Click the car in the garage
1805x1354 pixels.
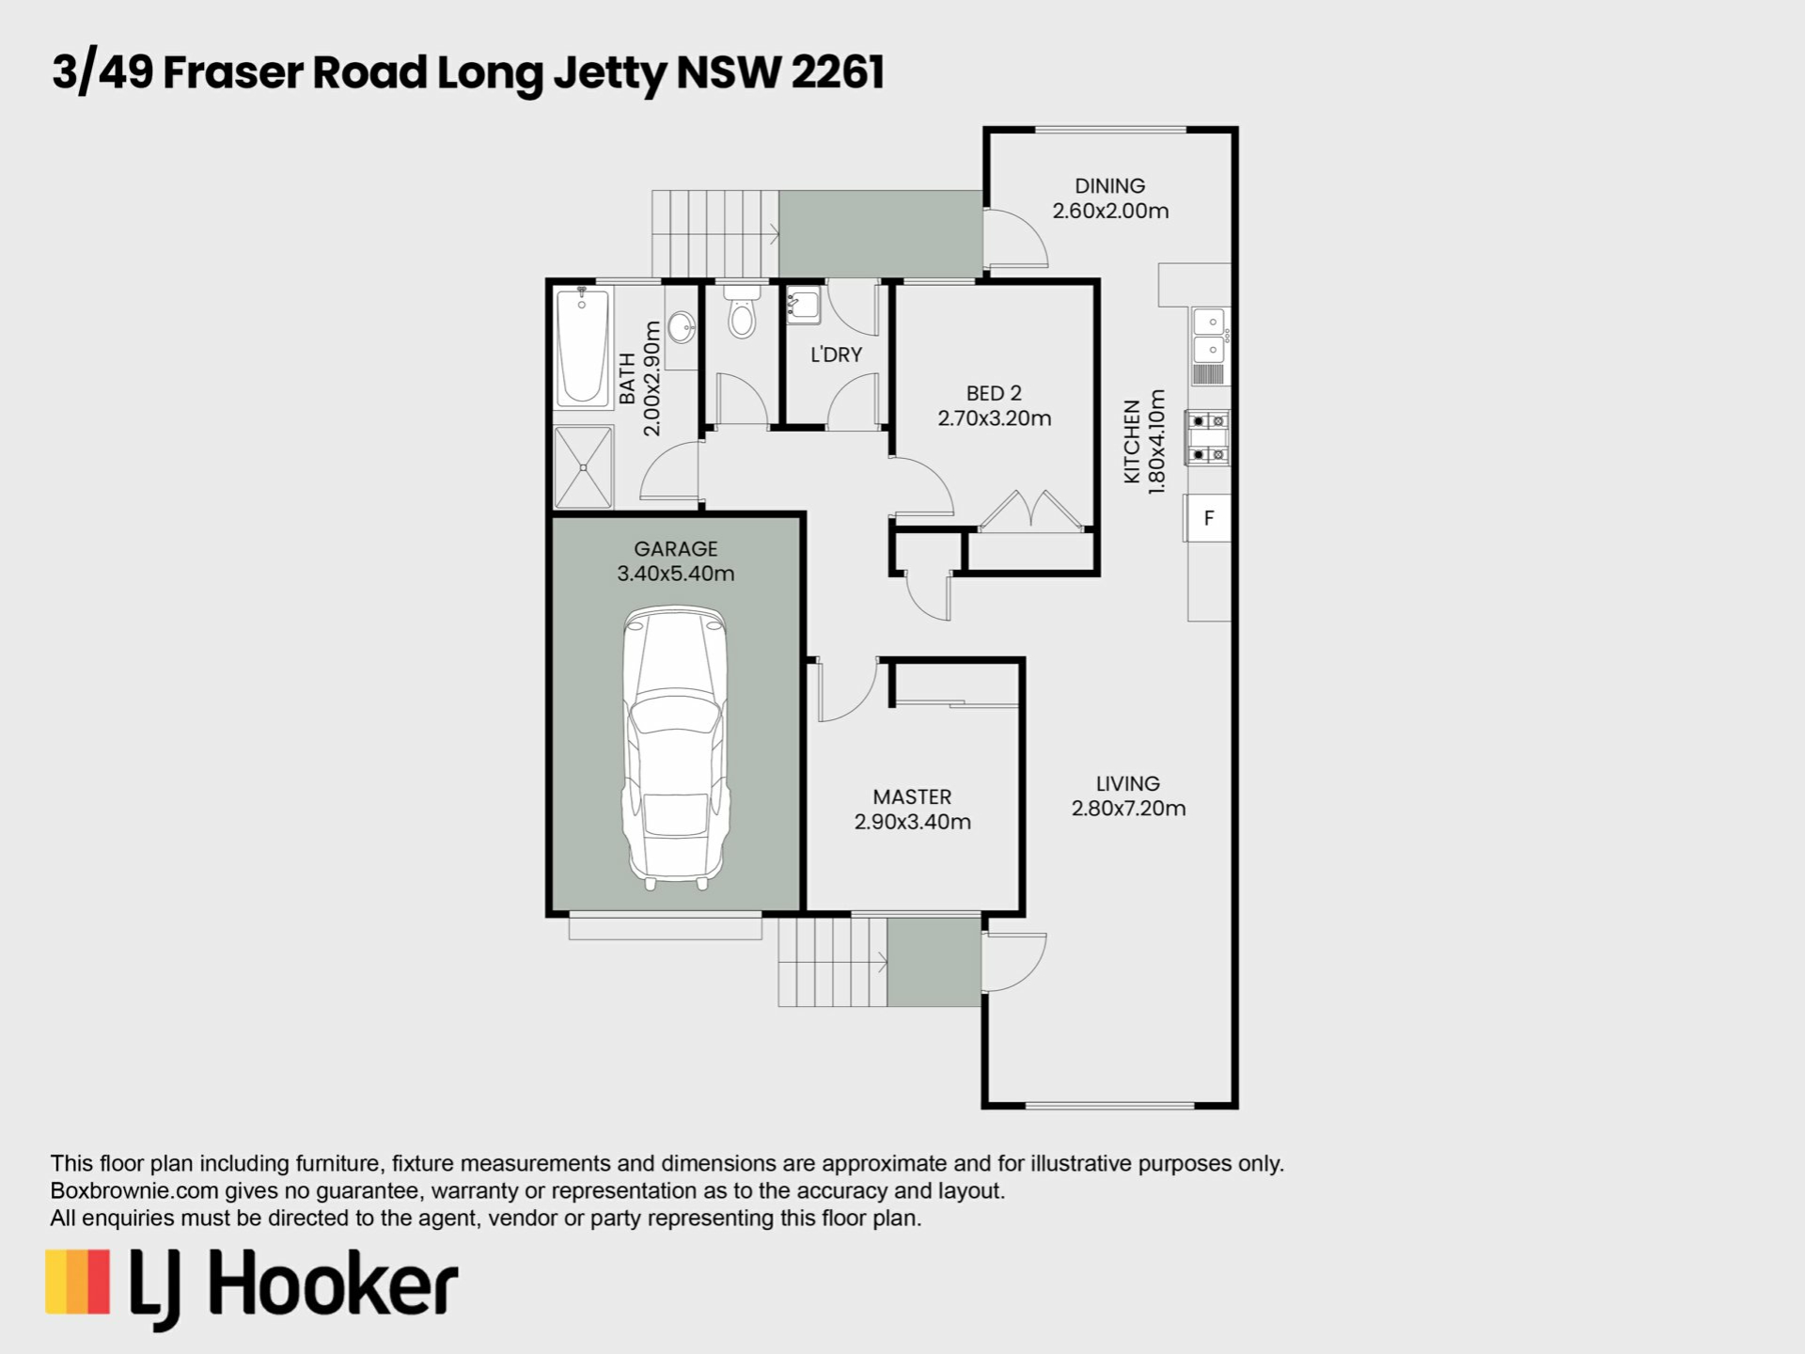[675, 748]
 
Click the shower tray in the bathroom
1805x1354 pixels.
[584, 467]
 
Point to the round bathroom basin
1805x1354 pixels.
[682, 327]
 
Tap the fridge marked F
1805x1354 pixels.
[1208, 518]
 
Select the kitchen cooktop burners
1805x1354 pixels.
[1208, 438]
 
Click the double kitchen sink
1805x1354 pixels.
[1210, 337]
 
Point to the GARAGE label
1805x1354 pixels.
[675, 548]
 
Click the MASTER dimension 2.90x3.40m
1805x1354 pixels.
[912, 822]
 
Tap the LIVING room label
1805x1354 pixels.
[1128, 783]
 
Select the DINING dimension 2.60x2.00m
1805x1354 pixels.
[1110, 211]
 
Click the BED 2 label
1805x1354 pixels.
[994, 393]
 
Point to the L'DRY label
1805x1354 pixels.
[836, 354]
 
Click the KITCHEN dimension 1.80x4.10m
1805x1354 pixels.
[1156, 442]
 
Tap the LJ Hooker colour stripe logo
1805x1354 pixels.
[78, 1282]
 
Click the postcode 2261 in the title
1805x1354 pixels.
[838, 72]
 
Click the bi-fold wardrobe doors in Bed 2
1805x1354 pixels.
[1031, 511]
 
